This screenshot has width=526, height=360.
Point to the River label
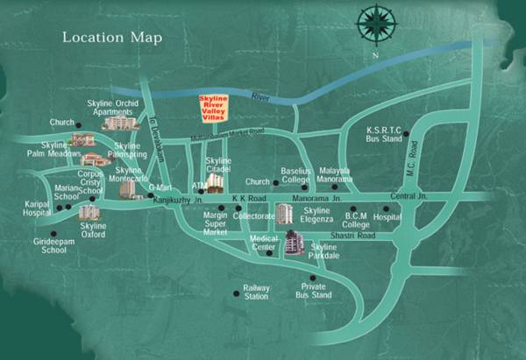[260, 96]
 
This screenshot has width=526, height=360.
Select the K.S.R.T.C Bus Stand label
[383, 134]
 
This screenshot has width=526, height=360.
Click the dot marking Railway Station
[235, 293]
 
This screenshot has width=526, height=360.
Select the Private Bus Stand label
[314, 291]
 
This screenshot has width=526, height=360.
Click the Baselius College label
[296, 176]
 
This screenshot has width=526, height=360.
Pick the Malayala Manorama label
[336, 175]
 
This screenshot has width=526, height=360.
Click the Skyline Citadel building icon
[216, 182]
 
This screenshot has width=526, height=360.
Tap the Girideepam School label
[41, 245]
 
